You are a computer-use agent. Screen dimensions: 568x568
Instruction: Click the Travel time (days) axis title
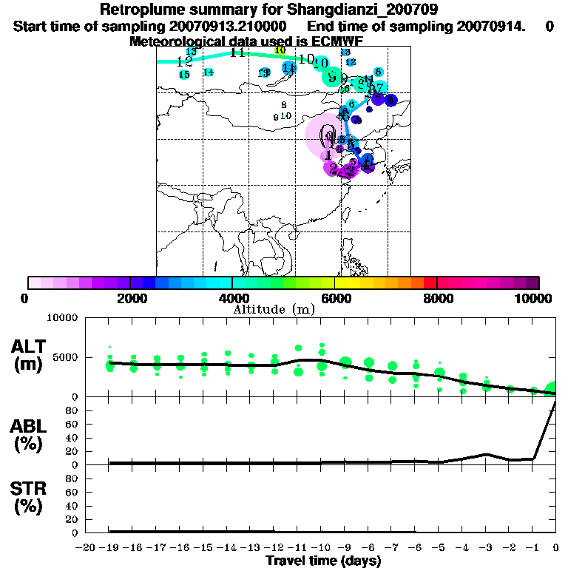pos(323,561)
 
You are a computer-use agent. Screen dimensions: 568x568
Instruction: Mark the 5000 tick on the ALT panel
pos(65,357)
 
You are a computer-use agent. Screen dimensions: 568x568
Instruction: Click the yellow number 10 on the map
pos(280,50)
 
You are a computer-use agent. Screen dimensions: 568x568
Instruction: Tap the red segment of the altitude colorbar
pos(429,283)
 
